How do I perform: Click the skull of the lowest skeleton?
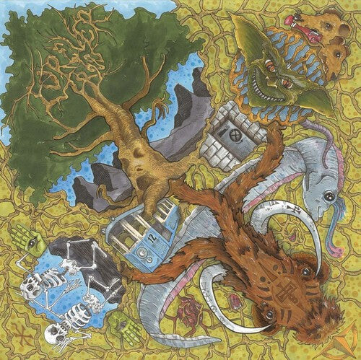click(52, 333)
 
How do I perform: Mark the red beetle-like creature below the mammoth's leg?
click(189, 311)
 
